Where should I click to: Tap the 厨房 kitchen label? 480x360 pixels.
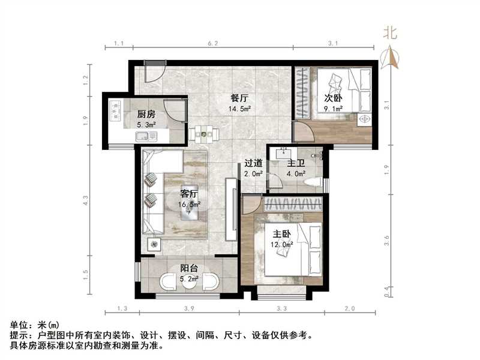point(146,114)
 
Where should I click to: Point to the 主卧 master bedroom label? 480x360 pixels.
point(280,235)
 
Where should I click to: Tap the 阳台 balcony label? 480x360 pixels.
point(190,269)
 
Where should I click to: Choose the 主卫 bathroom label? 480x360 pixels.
point(296,163)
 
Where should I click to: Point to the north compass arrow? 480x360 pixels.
point(393,56)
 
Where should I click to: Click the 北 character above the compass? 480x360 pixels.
point(391,34)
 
